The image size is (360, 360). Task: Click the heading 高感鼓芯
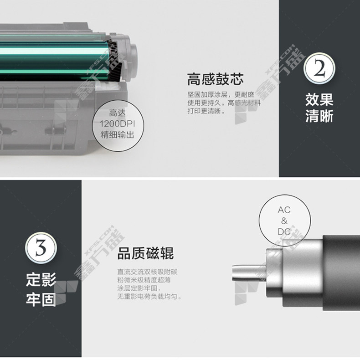(x=215, y=79)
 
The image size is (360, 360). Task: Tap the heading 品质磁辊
(x=145, y=253)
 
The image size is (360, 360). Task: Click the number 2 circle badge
(x=319, y=68)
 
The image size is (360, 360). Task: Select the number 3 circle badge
(x=41, y=248)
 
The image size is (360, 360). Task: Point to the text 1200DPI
(x=117, y=124)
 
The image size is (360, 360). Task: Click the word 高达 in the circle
(x=117, y=113)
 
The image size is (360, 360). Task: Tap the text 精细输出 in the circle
(x=117, y=135)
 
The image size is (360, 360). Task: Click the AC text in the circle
(x=284, y=210)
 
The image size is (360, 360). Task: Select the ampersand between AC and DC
(x=284, y=221)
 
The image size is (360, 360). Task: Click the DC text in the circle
(x=284, y=231)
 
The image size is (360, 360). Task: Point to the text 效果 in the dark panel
(x=319, y=100)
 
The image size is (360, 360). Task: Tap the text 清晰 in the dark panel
(x=319, y=116)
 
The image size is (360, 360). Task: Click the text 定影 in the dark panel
(x=41, y=280)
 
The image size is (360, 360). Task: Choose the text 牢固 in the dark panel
(x=41, y=299)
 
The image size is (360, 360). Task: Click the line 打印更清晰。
(x=206, y=111)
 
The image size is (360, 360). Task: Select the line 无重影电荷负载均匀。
(x=149, y=296)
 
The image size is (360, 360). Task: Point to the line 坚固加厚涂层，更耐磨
(x=221, y=95)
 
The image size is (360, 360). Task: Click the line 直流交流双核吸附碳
(x=147, y=272)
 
